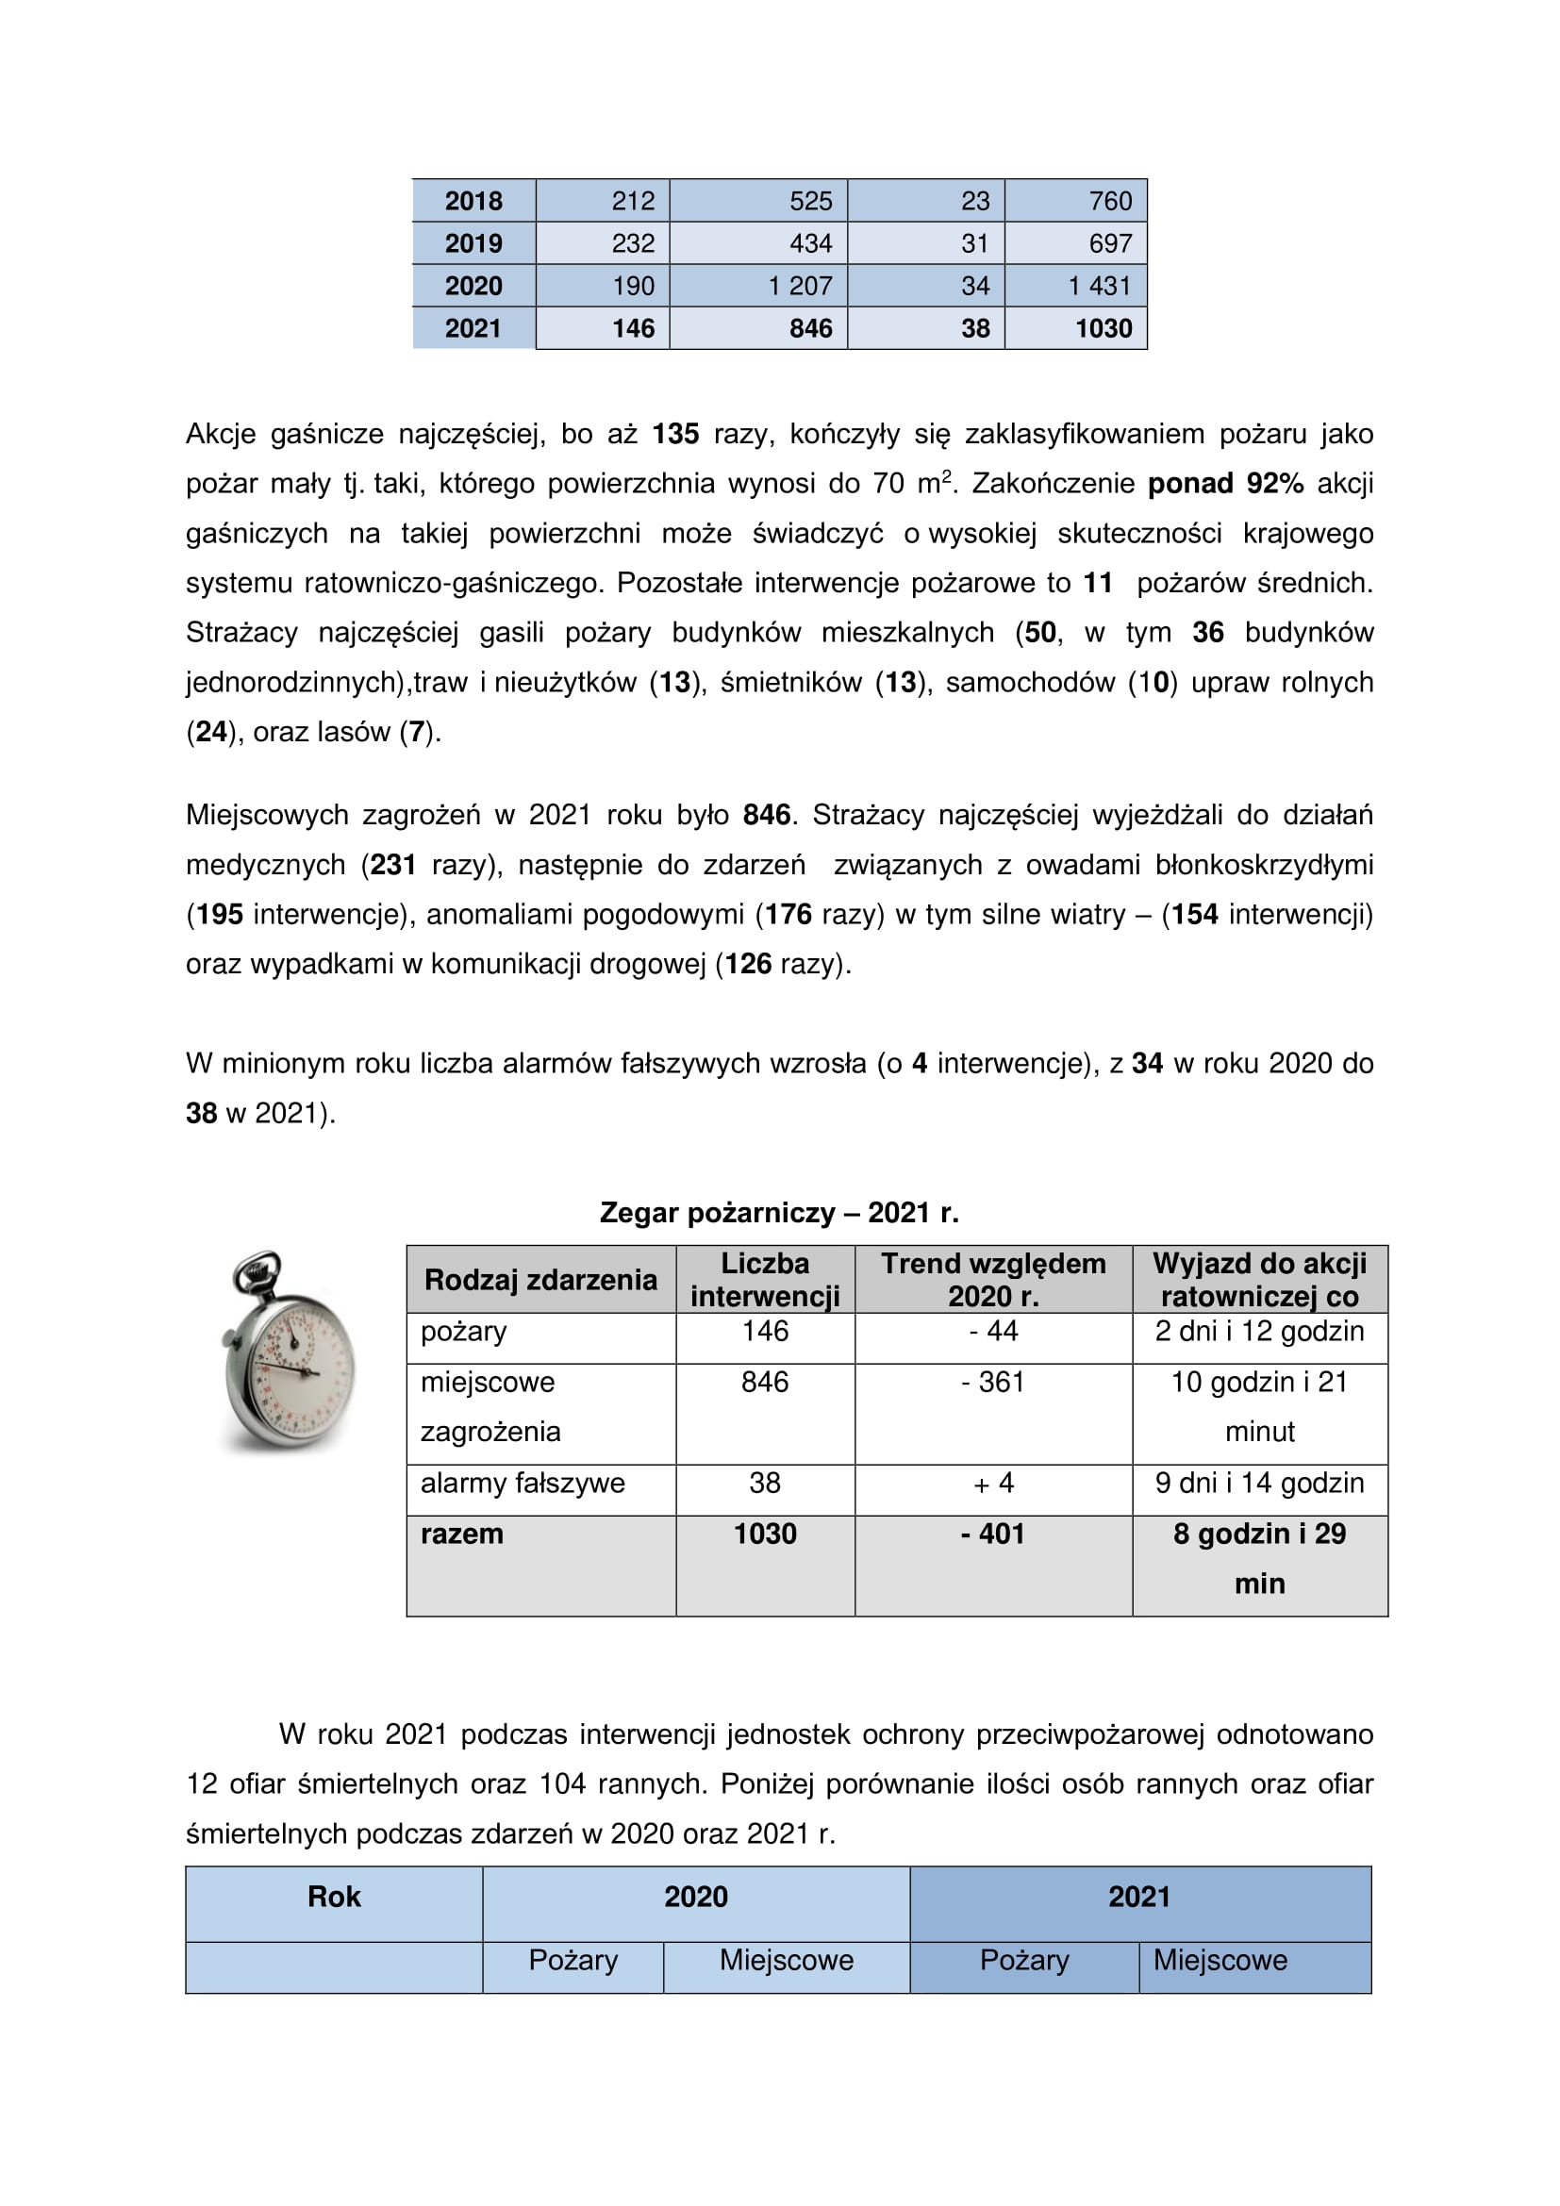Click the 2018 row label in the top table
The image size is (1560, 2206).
(473, 201)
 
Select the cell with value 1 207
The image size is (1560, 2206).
(799, 286)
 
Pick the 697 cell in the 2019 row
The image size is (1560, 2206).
(1109, 243)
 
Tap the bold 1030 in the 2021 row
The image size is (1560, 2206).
(1103, 328)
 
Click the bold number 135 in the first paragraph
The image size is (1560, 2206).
(675, 434)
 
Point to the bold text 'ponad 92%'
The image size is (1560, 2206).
(1225, 483)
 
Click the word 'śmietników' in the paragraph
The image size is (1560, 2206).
(790, 682)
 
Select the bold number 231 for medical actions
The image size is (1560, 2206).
(393, 865)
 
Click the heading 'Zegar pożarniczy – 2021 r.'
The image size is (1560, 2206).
(779, 1213)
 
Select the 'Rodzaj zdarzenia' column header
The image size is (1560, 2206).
(540, 1280)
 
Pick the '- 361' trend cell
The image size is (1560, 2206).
(992, 1383)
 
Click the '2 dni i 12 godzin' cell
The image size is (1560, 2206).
(1258, 1332)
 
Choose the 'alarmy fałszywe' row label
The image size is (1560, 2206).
(523, 1484)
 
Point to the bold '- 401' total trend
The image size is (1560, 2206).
(992, 1534)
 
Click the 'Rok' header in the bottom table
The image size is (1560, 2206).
(333, 1897)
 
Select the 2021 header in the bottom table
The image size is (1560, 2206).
(1138, 1897)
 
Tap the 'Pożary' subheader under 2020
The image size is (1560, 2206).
(573, 1960)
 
